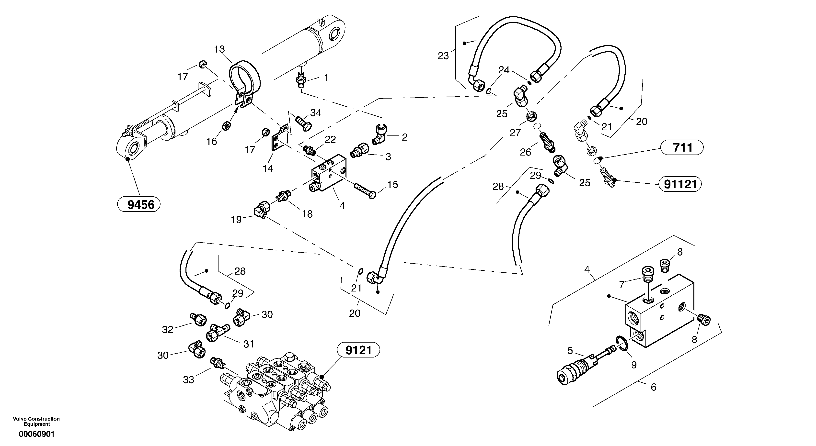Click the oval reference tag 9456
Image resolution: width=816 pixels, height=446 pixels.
139,205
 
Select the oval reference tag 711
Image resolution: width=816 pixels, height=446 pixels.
682,147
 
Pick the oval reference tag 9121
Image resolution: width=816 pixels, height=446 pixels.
358,350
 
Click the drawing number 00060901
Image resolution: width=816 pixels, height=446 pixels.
36,434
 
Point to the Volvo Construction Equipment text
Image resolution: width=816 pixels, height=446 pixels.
36,421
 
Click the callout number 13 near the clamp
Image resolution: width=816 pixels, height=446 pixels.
219,49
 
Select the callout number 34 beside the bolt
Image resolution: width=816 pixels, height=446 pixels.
315,113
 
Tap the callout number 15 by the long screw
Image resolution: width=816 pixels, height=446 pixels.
392,185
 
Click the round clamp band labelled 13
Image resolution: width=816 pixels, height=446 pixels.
244,79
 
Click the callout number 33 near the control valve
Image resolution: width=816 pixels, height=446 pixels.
188,380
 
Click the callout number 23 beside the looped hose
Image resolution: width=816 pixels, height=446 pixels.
443,56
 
